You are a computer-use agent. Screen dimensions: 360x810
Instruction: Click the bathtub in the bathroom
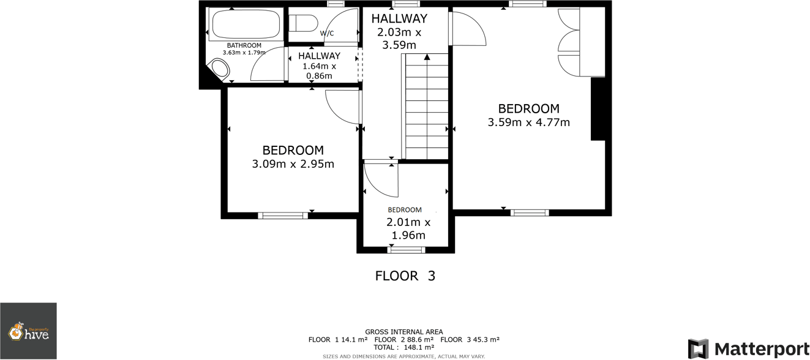[245, 25]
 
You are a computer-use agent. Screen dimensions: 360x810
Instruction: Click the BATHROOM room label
[244, 45]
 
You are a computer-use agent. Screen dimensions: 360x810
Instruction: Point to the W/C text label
[327, 33]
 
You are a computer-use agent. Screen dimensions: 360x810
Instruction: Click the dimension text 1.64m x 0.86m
[319, 71]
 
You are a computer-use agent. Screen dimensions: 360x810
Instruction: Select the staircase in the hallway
[426, 107]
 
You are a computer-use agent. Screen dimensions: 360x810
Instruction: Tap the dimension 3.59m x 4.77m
[528, 122]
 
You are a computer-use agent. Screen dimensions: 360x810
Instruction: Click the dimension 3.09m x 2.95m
[293, 164]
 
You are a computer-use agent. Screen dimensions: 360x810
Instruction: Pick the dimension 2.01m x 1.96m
[408, 229]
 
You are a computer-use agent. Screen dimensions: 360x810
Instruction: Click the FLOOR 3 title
[405, 276]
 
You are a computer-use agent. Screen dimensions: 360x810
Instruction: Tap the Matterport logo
[748, 349]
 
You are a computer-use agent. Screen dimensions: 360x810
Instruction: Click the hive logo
[28, 331]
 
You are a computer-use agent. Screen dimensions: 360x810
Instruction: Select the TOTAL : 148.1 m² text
[403, 347]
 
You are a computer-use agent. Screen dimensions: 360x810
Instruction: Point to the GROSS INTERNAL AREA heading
[403, 332]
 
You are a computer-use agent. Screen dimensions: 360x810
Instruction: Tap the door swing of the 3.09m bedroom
[343, 107]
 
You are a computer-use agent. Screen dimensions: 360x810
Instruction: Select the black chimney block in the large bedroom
[598, 109]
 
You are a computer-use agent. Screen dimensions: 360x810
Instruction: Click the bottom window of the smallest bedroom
[407, 250]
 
